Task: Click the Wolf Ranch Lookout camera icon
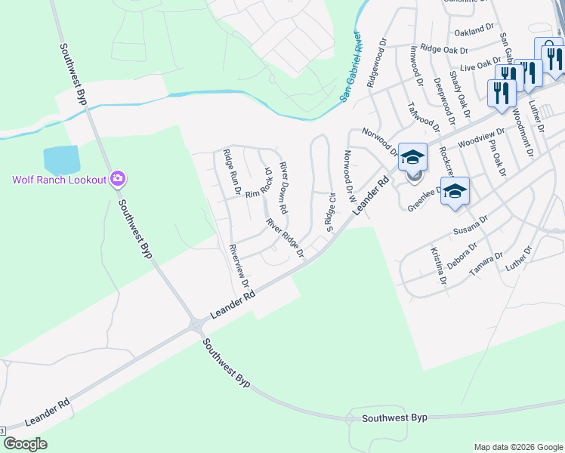click(118, 179)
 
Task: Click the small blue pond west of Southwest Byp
click(62, 159)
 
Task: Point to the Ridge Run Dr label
click(230, 172)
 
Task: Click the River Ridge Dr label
click(284, 237)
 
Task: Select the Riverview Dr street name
click(239, 265)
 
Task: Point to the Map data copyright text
click(517, 447)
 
